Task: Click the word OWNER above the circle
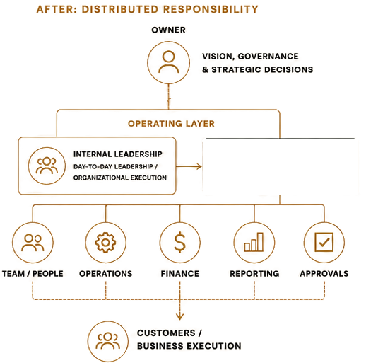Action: click(168, 30)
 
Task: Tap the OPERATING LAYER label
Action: click(171, 124)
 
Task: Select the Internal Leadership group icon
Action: click(47, 166)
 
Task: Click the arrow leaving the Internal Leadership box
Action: click(189, 166)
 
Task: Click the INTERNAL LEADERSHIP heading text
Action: click(118, 154)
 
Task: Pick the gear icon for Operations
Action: click(105, 243)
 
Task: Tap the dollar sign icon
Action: click(179, 243)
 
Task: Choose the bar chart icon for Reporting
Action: click(254, 242)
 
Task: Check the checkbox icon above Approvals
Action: click(324, 242)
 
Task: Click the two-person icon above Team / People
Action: click(33, 243)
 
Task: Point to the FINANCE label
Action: click(180, 274)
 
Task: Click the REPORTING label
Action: click(254, 274)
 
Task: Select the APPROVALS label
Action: click(324, 274)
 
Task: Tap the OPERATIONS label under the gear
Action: click(106, 274)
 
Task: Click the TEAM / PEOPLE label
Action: click(33, 274)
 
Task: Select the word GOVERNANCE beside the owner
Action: click(268, 57)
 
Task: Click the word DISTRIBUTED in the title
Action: click(120, 9)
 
